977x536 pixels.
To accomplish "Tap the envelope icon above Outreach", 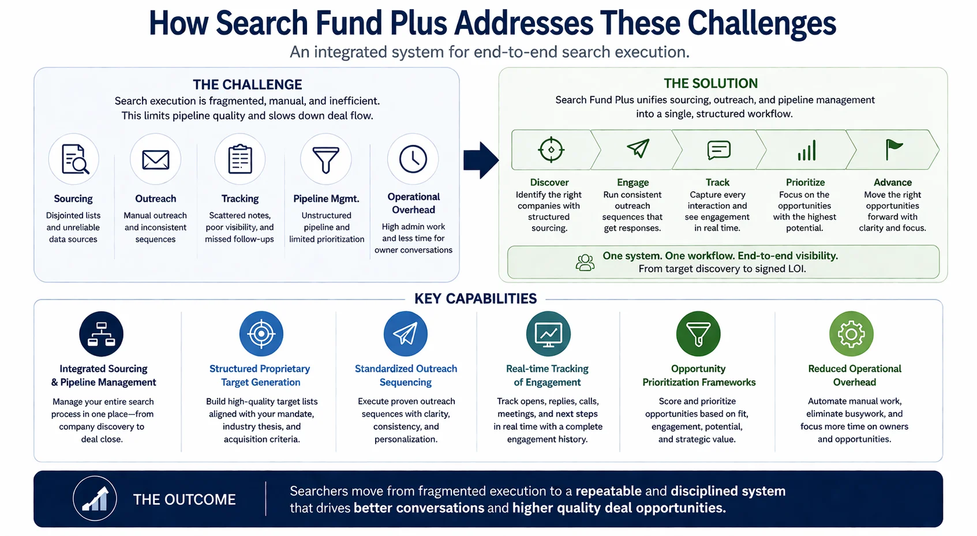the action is click(x=155, y=159).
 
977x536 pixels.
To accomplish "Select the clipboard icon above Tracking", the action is click(x=240, y=159).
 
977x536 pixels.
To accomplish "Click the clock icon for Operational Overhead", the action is click(x=413, y=159).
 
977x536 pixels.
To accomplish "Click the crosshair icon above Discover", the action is click(x=551, y=149).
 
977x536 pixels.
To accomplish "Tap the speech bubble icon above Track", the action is click(x=718, y=149).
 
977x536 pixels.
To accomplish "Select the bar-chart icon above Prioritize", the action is click(x=806, y=151).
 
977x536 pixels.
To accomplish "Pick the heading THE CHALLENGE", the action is click(x=248, y=84).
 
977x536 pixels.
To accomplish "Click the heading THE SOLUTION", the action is click(x=710, y=83).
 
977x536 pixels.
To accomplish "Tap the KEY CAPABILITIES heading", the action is click(x=476, y=298).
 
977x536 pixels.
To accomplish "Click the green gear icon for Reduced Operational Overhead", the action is click(x=851, y=334).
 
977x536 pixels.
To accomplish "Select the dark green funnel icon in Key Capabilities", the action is click(x=698, y=334).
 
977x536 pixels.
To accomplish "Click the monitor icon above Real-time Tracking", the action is click(x=548, y=334).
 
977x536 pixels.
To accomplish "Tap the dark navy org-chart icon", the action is click(x=101, y=334).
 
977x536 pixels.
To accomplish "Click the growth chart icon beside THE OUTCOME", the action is click(x=95, y=498).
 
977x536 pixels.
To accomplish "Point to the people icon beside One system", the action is click(x=585, y=263).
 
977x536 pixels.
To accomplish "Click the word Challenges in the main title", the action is click(x=762, y=23).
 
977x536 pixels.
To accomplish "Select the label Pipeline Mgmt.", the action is click(x=326, y=199).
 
